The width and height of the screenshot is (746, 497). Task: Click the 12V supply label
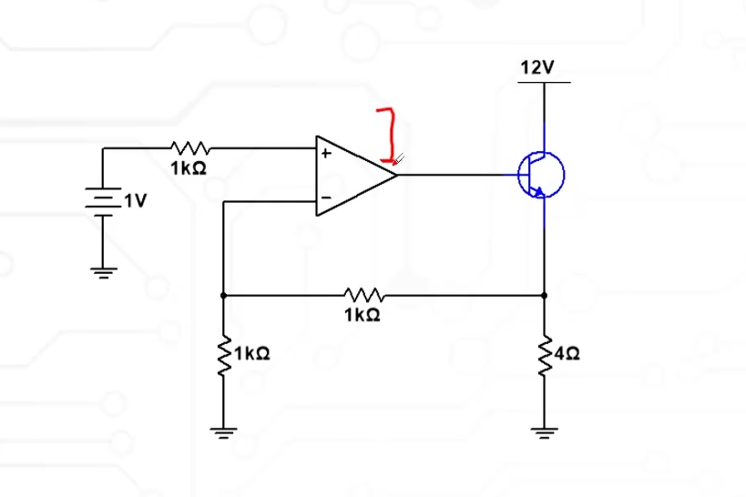pyautogui.click(x=537, y=68)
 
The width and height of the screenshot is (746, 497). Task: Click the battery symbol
pyautogui.click(x=103, y=199)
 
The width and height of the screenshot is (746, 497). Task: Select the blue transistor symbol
pyautogui.click(x=541, y=174)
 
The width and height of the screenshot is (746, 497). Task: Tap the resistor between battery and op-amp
pyautogui.click(x=190, y=147)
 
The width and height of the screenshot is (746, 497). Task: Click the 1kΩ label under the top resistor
pyautogui.click(x=189, y=168)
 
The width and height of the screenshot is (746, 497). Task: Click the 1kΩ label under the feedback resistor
pyautogui.click(x=363, y=316)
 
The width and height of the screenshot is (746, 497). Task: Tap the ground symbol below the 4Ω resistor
pyautogui.click(x=545, y=431)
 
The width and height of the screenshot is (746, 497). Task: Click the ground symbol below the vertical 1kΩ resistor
pyautogui.click(x=223, y=431)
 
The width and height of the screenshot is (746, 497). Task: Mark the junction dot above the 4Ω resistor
pyautogui.click(x=545, y=295)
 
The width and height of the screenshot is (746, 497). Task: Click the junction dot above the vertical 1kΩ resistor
pyautogui.click(x=223, y=295)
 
